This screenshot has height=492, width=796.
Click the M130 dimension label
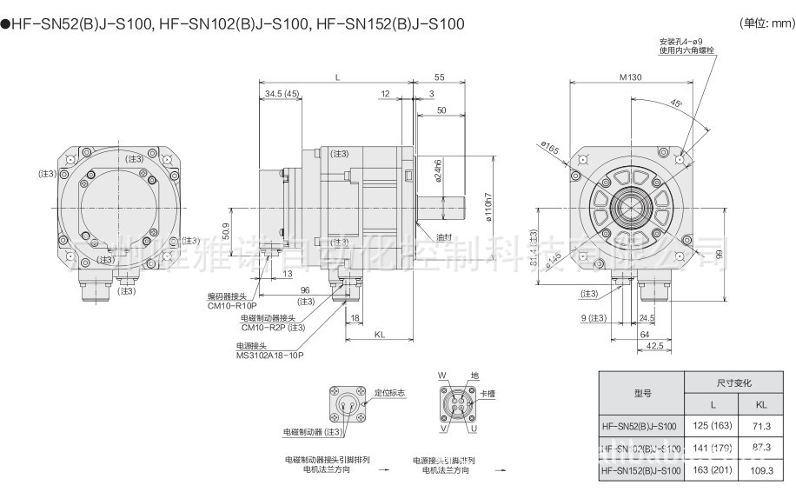pos(631,78)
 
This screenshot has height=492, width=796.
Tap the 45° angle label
pos(676,103)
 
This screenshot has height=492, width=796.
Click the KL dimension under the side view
pos(380,334)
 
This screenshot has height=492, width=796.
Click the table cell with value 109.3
pos(761,470)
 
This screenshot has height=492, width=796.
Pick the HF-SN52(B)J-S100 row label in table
pos(639,426)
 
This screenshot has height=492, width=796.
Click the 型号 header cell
pos(642,393)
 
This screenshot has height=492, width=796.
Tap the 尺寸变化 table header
pos(733,382)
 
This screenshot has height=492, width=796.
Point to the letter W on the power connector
pos(441,375)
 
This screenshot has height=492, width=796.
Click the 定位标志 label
pos(390,394)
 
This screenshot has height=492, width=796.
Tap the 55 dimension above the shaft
pos(440,78)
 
